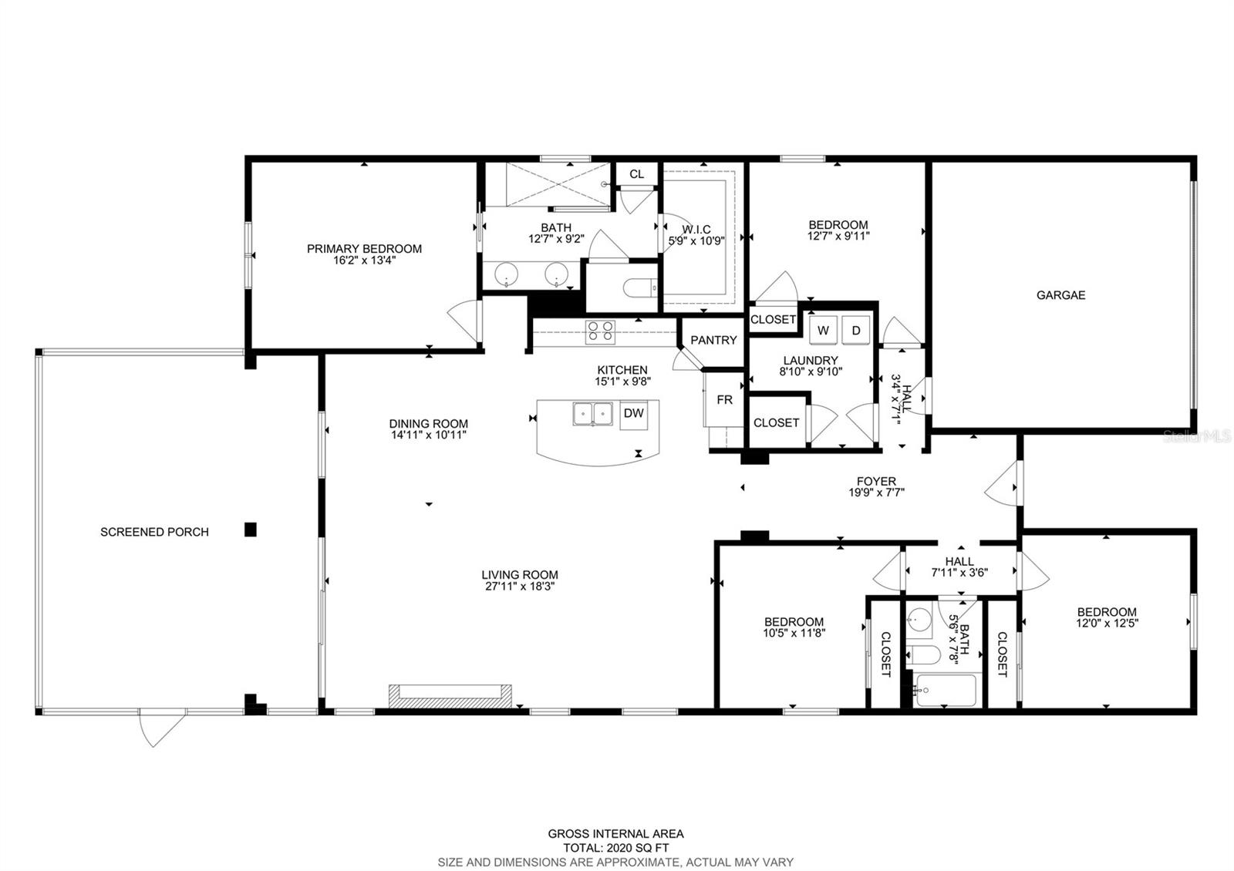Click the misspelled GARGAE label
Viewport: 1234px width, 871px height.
tap(1060, 295)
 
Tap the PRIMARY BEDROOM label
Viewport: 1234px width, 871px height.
tap(364, 249)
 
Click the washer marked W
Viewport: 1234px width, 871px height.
tap(823, 331)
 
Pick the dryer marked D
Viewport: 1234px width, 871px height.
tap(855, 331)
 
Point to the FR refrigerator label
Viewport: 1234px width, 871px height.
tap(724, 400)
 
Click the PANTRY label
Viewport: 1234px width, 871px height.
tap(713, 340)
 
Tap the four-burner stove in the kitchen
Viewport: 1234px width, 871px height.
tap(601, 332)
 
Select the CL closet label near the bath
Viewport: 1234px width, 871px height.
tap(637, 174)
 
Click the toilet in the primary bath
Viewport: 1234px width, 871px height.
tap(640, 288)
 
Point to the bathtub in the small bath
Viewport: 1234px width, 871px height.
tap(945, 691)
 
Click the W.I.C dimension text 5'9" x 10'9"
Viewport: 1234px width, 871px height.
tap(696, 240)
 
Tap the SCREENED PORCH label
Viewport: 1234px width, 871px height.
tap(154, 532)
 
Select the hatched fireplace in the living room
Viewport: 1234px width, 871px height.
tap(450, 696)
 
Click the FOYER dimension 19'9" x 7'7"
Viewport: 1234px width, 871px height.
tap(876, 493)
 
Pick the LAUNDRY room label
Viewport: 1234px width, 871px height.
tap(811, 361)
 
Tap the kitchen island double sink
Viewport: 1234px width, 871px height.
tap(593, 414)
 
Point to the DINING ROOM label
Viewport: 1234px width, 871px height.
tap(429, 424)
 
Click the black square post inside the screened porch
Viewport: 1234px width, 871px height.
tap(251, 529)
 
